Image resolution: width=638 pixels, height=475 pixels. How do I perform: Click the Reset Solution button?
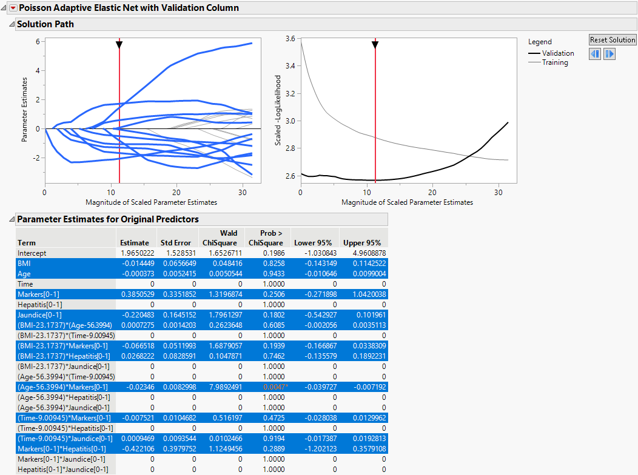[x=613, y=40]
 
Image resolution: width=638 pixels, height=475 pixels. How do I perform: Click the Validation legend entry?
[x=557, y=53]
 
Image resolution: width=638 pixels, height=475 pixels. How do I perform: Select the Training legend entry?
[x=554, y=62]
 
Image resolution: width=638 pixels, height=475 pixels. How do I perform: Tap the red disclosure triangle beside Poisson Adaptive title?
[x=13, y=8]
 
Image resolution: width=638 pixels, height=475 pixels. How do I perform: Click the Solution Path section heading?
[x=45, y=24]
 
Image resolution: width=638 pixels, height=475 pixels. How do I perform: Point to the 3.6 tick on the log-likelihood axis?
[x=290, y=38]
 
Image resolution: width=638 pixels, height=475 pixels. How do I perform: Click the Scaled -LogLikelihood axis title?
[x=278, y=110]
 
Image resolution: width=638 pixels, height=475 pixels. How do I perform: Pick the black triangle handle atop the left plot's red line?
[x=119, y=44]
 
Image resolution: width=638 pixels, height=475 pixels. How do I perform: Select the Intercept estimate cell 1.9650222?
[x=136, y=253]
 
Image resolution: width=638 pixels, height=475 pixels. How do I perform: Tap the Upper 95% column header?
[x=362, y=242]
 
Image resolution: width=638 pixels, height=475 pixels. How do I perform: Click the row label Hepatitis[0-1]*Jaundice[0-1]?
[x=64, y=469]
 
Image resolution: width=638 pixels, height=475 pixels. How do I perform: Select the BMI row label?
[x=25, y=263]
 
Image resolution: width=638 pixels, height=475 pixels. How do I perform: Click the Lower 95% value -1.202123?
[x=314, y=448]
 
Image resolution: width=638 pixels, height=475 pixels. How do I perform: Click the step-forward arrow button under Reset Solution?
[x=609, y=54]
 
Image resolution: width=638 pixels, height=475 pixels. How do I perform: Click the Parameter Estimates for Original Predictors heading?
[x=107, y=219]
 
